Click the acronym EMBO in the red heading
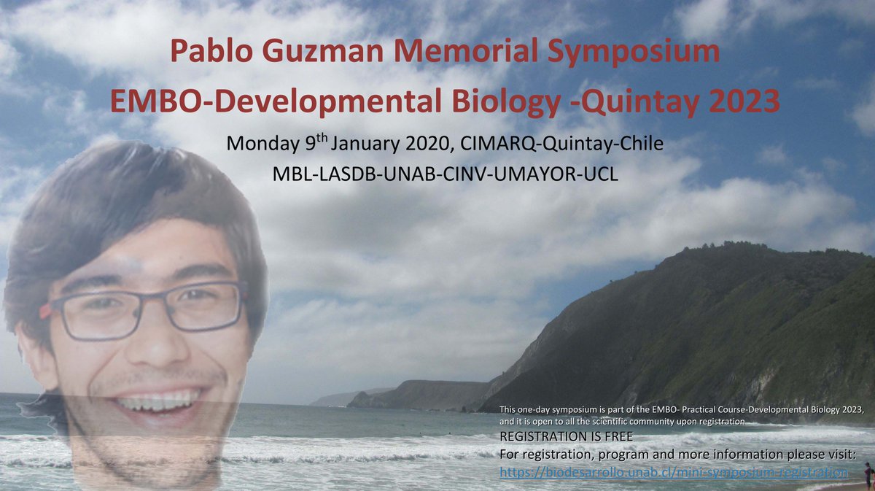[x=148, y=102]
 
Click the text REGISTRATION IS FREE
[x=567, y=436]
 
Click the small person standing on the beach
[x=868, y=475]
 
